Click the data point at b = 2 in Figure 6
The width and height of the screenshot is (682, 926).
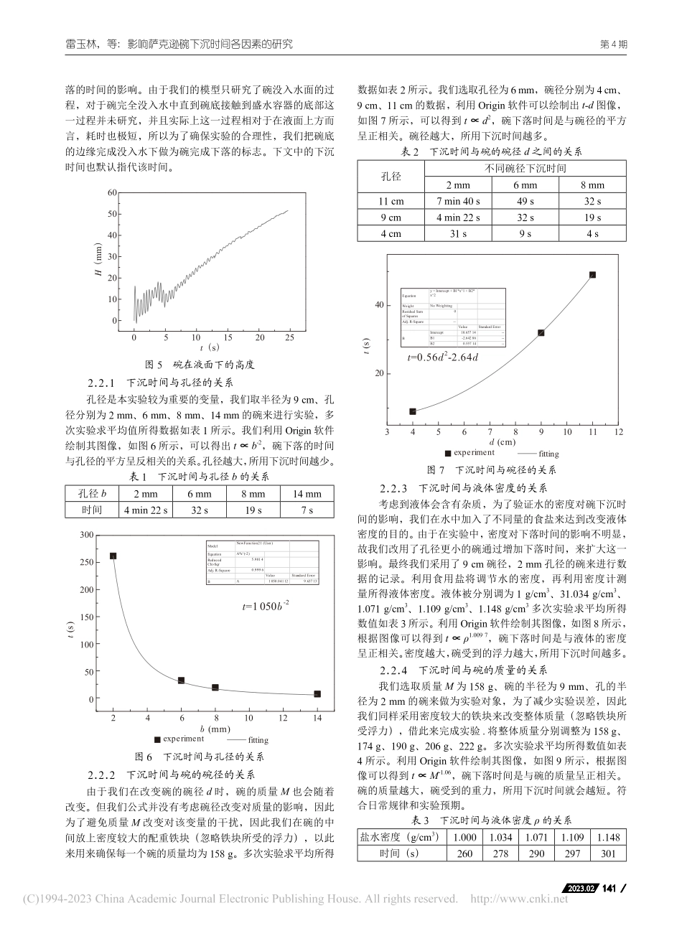[113, 556]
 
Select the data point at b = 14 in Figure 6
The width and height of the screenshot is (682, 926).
[317, 693]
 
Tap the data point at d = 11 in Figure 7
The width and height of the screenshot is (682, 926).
[592, 274]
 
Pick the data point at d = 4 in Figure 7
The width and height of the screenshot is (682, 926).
[413, 411]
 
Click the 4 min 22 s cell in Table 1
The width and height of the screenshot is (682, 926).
[146, 510]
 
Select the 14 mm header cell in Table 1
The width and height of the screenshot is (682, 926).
[307, 494]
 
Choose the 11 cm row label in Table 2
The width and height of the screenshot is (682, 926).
[391, 202]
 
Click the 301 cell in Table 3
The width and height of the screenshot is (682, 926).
[607, 853]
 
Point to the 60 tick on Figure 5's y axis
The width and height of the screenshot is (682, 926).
[111, 192]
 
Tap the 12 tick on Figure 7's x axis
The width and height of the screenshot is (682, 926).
[618, 432]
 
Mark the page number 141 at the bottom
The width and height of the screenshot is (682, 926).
[609, 889]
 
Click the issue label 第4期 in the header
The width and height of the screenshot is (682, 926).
[613, 44]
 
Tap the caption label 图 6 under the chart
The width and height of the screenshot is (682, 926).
[144, 757]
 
